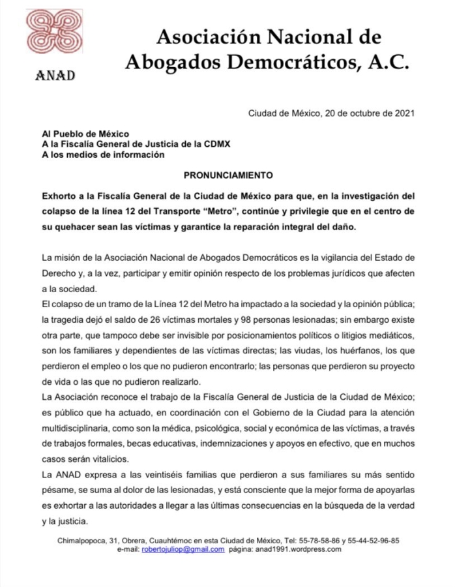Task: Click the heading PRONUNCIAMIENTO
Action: click(x=228, y=176)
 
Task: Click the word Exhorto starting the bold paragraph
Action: click(x=63, y=195)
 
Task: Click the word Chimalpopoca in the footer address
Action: click(x=82, y=541)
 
